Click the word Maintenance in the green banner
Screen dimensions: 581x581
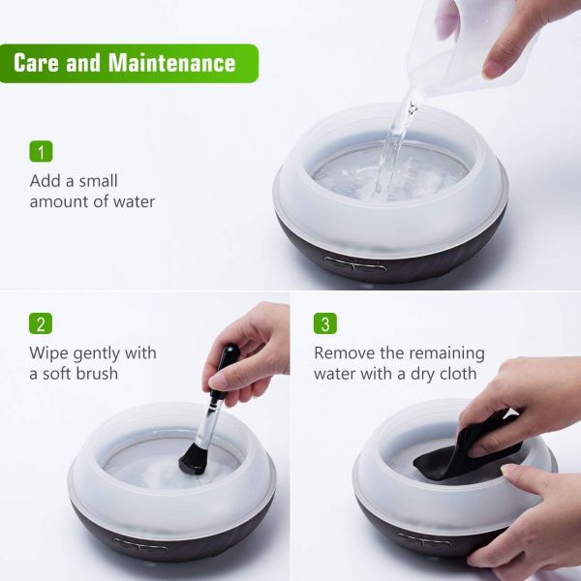click(172, 63)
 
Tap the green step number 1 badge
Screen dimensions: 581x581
click(41, 151)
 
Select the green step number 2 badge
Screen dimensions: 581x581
click(41, 323)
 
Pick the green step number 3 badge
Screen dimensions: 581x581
click(325, 323)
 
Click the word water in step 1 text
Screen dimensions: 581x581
click(135, 202)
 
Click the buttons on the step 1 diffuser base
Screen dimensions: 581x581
click(355, 264)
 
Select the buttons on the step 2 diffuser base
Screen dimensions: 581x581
click(140, 545)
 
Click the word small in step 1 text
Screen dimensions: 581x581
click(98, 181)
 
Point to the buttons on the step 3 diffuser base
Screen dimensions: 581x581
click(425, 539)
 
